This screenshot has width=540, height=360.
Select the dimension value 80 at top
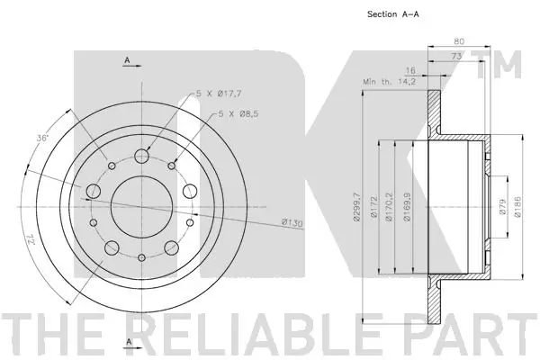pos(459,40)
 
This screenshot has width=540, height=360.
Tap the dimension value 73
pos(458,56)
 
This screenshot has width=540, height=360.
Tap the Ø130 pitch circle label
pos(290,222)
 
